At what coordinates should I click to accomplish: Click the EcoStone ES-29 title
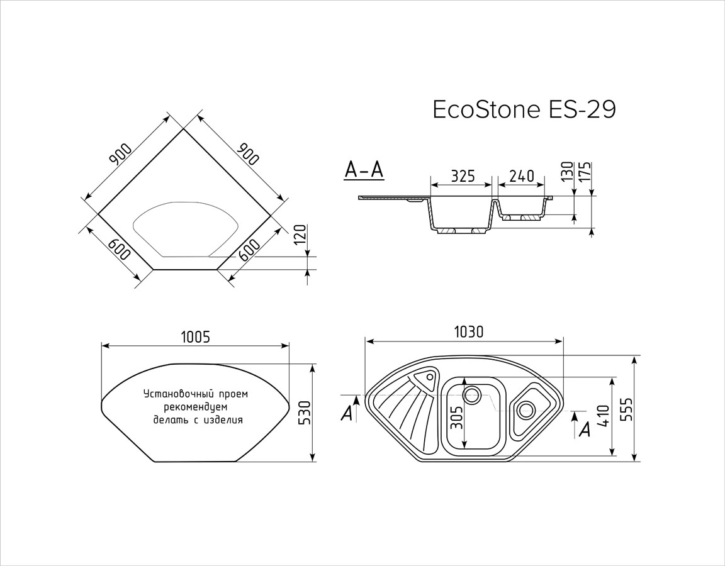pos(524,110)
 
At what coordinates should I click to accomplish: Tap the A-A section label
pos(364,170)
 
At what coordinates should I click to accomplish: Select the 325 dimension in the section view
pos(463,176)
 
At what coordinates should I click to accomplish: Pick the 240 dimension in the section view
pos(522,176)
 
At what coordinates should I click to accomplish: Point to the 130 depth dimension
pos(568,171)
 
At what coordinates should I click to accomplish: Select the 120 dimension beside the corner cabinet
pos(301,235)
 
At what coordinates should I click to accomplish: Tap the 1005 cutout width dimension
pos(194,337)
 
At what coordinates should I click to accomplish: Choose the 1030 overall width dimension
pos(468,332)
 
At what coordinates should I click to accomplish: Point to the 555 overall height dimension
pos(626,409)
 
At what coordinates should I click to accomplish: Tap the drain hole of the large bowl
pos(471,395)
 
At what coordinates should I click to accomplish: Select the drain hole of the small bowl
pos(525,409)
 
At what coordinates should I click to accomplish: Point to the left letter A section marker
pos(347,413)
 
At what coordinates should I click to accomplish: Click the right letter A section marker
pos(585,429)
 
